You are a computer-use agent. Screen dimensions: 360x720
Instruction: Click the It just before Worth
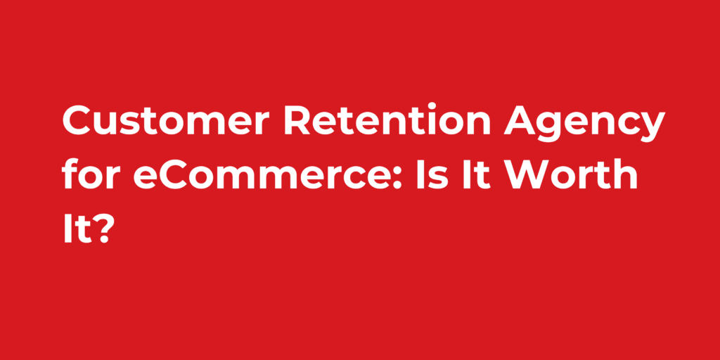[x=479, y=177]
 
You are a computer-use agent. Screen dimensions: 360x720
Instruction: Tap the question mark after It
[x=103, y=229]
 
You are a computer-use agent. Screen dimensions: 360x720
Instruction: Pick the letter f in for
[x=70, y=175]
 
